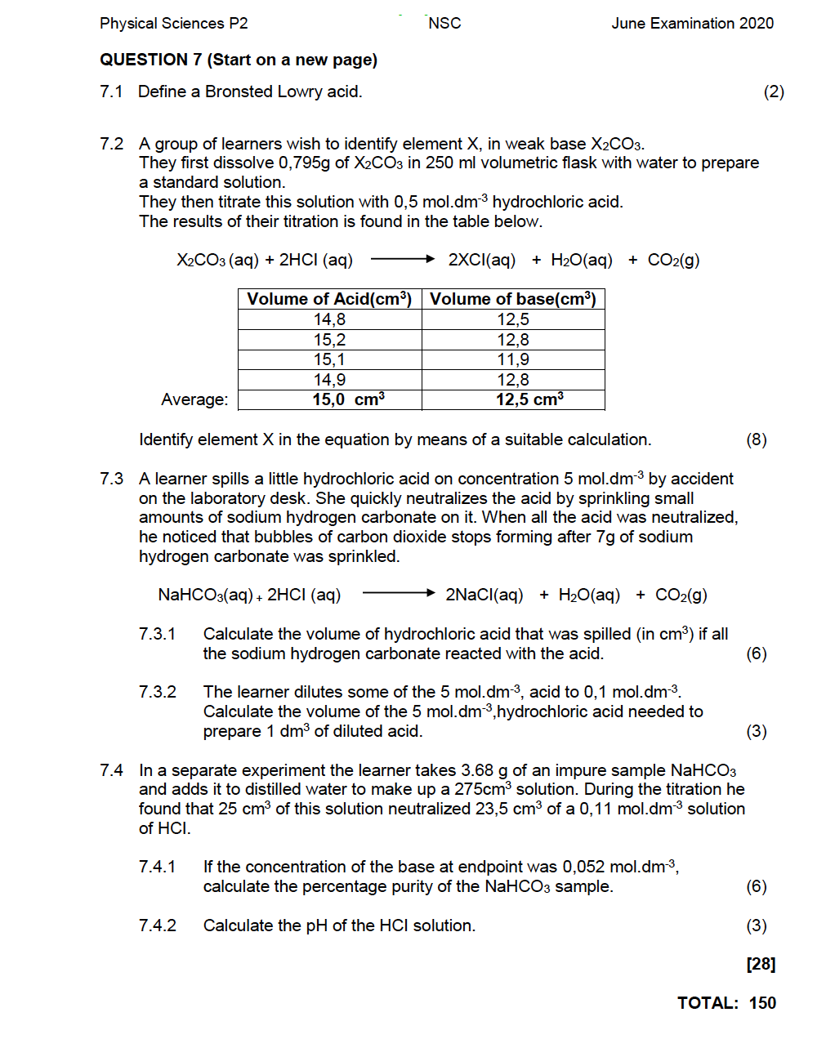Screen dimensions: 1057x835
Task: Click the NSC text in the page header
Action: click(x=444, y=24)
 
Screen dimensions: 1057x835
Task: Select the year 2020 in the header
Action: click(x=756, y=24)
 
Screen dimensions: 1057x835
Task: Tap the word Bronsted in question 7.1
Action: click(x=239, y=91)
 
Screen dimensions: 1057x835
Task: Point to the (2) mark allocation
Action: click(x=773, y=91)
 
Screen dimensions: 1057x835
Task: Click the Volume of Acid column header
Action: click(x=329, y=299)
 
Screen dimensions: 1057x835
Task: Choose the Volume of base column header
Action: click(x=513, y=299)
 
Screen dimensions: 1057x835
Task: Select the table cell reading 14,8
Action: click(x=329, y=319)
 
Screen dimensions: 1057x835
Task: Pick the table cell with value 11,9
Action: click(x=513, y=359)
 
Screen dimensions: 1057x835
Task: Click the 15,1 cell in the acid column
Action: click(x=329, y=359)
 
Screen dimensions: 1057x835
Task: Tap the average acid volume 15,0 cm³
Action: click(x=348, y=399)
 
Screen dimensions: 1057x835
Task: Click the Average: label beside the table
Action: click(x=194, y=399)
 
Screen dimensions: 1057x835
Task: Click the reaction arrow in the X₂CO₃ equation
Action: click(x=402, y=260)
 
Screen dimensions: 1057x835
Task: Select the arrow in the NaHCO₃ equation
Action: click(x=398, y=594)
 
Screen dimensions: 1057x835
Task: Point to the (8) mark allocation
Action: click(x=756, y=439)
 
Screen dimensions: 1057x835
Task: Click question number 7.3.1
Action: click(x=157, y=634)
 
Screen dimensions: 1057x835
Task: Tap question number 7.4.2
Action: click(x=157, y=925)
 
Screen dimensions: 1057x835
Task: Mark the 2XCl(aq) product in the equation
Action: click(x=481, y=261)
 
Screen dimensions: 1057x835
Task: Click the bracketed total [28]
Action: click(x=761, y=964)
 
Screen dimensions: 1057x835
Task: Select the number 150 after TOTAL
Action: click(x=762, y=1003)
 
